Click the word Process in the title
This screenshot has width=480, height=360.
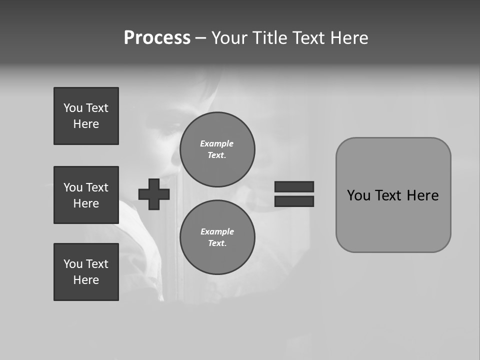[x=157, y=38]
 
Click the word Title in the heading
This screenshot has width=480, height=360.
[x=269, y=38]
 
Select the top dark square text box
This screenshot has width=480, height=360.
[x=86, y=116]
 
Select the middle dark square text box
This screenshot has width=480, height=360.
[x=86, y=195]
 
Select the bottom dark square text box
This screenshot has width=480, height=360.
[x=86, y=272]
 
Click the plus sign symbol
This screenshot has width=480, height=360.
[x=154, y=194]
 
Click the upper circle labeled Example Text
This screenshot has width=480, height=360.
[x=217, y=149]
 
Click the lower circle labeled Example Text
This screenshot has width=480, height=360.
[x=217, y=237]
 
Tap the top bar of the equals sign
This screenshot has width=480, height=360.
[x=294, y=186]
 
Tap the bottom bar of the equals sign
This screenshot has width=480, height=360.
[x=294, y=201]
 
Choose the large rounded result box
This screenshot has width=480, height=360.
[x=393, y=195]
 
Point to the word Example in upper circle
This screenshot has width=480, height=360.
[x=217, y=143]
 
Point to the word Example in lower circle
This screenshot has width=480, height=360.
[x=217, y=231]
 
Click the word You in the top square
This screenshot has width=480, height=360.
[x=73, y=108]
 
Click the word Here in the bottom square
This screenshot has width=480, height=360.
[x=86, y=280]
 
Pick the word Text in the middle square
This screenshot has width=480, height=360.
[x=97, y=187]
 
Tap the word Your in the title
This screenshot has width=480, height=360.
[x=230, y=38]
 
